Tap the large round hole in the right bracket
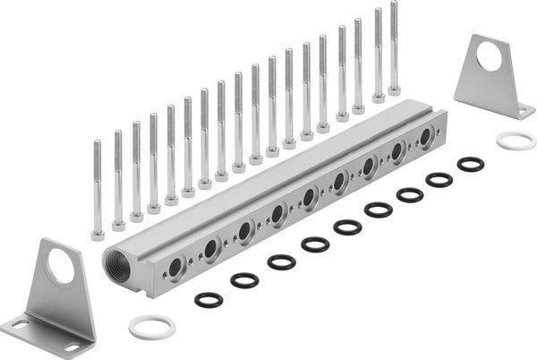490,56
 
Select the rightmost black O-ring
470,164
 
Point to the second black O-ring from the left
244,280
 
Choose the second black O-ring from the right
439,180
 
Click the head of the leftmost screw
98,236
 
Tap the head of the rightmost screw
394,90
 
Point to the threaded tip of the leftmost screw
97,143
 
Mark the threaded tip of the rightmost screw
394,4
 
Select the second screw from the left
117,179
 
